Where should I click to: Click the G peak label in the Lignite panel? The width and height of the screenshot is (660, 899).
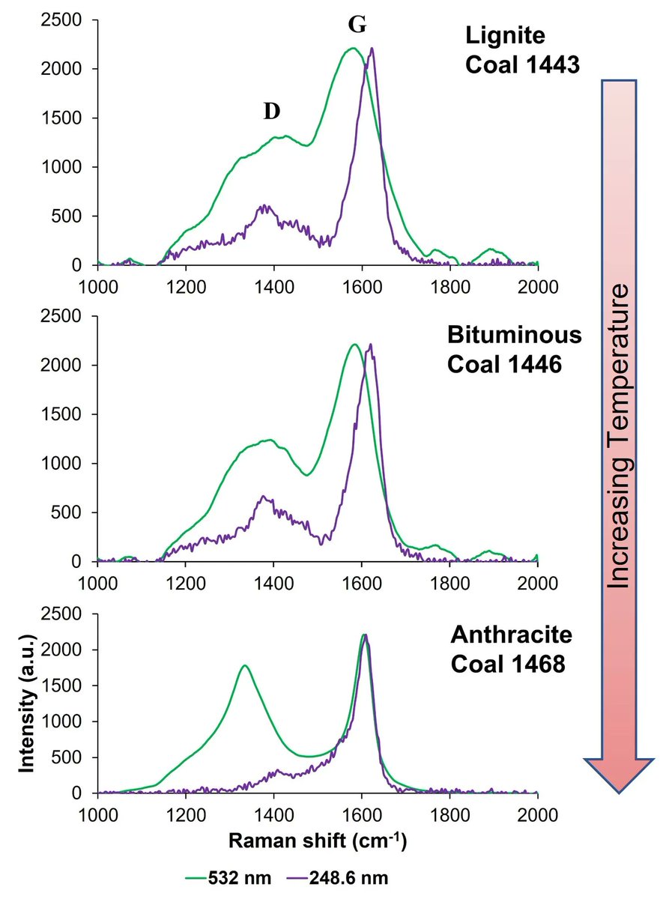coord(357,25)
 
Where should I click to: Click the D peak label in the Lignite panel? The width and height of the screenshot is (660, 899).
coord(271,111)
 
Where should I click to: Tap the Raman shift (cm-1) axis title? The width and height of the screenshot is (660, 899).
coord(318,841)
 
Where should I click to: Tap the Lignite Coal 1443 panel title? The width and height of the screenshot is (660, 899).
coord(522,49)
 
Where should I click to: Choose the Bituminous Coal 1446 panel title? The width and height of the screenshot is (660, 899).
coord(514,348)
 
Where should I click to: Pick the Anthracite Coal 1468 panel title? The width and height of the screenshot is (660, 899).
coord(512,649)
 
